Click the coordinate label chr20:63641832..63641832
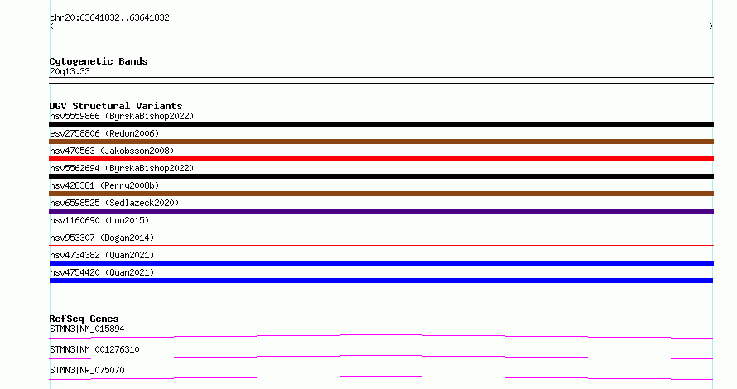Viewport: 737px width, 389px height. (x=109, y=18)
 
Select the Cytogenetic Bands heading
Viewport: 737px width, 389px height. (x=99, y=61)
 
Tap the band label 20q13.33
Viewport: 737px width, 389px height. (x=70, y=72)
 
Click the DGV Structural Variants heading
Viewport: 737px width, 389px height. (x=116, y=106)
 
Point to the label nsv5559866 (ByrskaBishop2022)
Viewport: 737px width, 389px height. (x=122, y=116)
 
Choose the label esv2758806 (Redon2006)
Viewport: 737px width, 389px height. (x=104, y=133)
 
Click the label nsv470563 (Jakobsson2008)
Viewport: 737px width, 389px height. (x=112, y=151)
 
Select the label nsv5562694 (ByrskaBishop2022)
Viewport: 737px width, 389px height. (x=122, y=168)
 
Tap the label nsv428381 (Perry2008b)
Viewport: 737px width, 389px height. (x=104, y=185)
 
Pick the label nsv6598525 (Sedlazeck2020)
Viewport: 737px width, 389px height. (x=114, y=203)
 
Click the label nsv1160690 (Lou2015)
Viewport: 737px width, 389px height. (x=99, y=220)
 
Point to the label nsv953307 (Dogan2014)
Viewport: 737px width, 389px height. (x=102, y=238)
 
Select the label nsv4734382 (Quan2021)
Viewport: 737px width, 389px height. (x=102, y=255)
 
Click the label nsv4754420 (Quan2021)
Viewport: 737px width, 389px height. (x=102, y=272)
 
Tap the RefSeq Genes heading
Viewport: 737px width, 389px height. (x=84, y=319)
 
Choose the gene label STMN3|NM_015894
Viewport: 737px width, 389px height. (x=87, y=329)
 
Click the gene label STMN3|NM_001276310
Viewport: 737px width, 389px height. (x=94, y=349)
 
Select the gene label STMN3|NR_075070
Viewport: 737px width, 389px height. (x=87, y=370)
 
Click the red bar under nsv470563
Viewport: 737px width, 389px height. (x=381, y=159)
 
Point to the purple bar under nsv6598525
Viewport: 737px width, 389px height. (x=381, y=211)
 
